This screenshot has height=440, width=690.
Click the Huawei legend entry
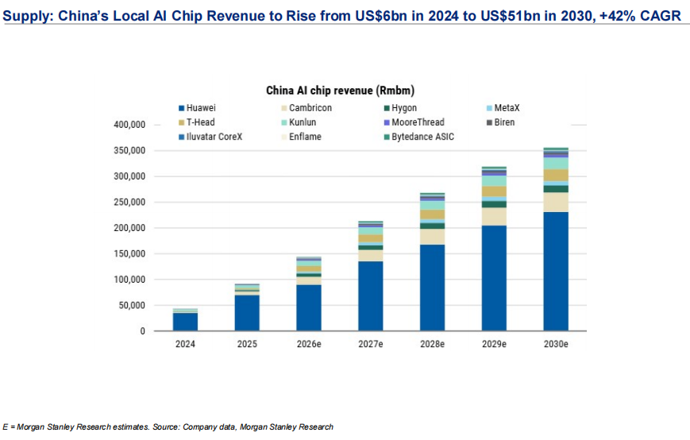click(x=202, y=108)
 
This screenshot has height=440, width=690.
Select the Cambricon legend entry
click(x=310, y=108)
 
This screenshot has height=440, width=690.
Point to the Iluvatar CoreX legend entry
click(x=214, y=137)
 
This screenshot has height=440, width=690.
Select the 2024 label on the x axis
click(x=185, y=345)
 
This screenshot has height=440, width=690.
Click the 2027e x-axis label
click(x=370, y=345)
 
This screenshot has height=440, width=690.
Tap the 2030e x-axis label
click(x=555, y=345)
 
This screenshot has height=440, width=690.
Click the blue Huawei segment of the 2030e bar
click(x=555, y=271)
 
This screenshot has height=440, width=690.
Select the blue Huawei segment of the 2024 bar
click(x=185, y=322)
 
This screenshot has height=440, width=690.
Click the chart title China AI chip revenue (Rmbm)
click(x=340, y=91)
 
